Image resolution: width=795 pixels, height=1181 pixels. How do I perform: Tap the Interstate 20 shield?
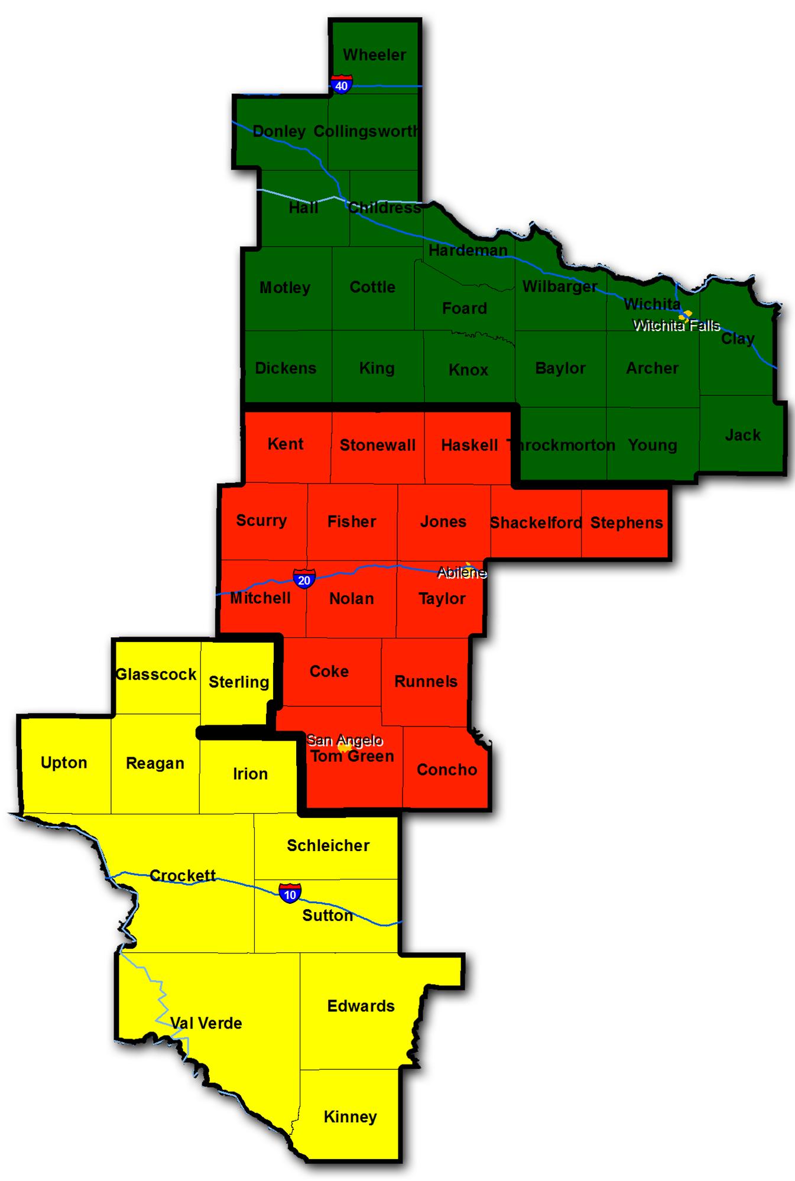[x=304, y=579]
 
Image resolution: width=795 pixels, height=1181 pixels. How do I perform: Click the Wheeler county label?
[x=374, y=55]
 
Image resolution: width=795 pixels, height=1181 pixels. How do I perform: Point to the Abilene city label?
[x=462, y=572]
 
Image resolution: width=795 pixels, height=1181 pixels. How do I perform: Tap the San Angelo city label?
[x=345, y=740]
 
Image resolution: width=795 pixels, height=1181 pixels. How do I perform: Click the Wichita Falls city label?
[x=676, y=325]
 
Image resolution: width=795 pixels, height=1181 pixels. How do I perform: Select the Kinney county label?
[x=350, y=1117]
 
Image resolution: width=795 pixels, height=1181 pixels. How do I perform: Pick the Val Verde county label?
[x=206, y=1023]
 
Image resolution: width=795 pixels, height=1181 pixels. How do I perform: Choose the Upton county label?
[x=64, y=763]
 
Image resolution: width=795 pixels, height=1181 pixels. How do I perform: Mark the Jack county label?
[x=742, y=435]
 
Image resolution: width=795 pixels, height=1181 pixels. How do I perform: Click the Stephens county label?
[x=627, y=523]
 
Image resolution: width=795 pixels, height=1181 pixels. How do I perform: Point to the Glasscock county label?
[x=156, y=674]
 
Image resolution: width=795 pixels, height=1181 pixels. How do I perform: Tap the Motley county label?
[x=285, y=288]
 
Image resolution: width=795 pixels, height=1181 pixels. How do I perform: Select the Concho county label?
[x=447, y=770]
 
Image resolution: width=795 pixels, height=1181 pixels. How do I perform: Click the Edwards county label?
[x=361, y=1006]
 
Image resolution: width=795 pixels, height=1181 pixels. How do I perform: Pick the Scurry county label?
[x=261, y=521]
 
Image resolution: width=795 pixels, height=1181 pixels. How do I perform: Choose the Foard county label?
[x=465, y=308]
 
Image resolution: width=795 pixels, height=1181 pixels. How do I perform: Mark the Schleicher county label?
[x=328, y=845]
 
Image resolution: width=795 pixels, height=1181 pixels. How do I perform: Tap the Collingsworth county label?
[x=366, y=131]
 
